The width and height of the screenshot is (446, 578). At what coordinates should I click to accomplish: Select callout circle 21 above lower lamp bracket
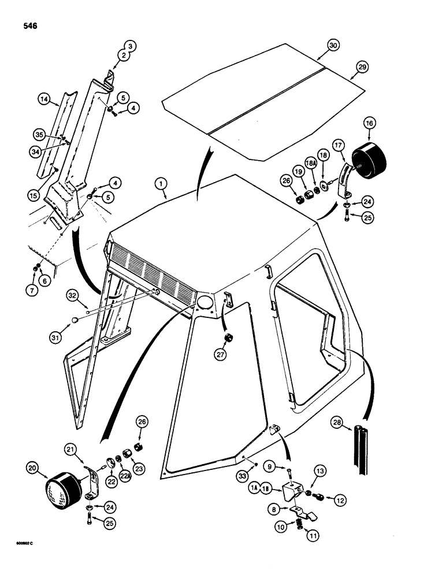pyautogui.click(x=70, y=450)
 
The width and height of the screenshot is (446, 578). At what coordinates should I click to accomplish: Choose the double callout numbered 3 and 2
pyautogui.click(x=128, y=51)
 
